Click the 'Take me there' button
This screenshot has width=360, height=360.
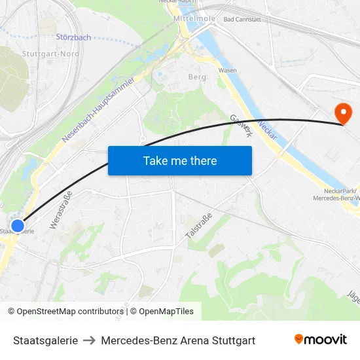180,160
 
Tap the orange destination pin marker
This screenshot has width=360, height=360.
342,113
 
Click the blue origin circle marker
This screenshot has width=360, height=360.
18,225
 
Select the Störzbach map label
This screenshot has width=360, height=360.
73,37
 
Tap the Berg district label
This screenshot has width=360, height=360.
196,77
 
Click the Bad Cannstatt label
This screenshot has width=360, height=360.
242,20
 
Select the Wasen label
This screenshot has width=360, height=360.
227,70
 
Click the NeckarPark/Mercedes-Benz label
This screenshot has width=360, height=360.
336,194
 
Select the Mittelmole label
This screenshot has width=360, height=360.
194,19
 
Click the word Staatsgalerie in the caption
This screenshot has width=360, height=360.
45,340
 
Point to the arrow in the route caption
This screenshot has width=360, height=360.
90,340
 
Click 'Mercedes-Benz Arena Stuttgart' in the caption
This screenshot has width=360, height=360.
178,340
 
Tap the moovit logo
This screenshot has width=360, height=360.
321,339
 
